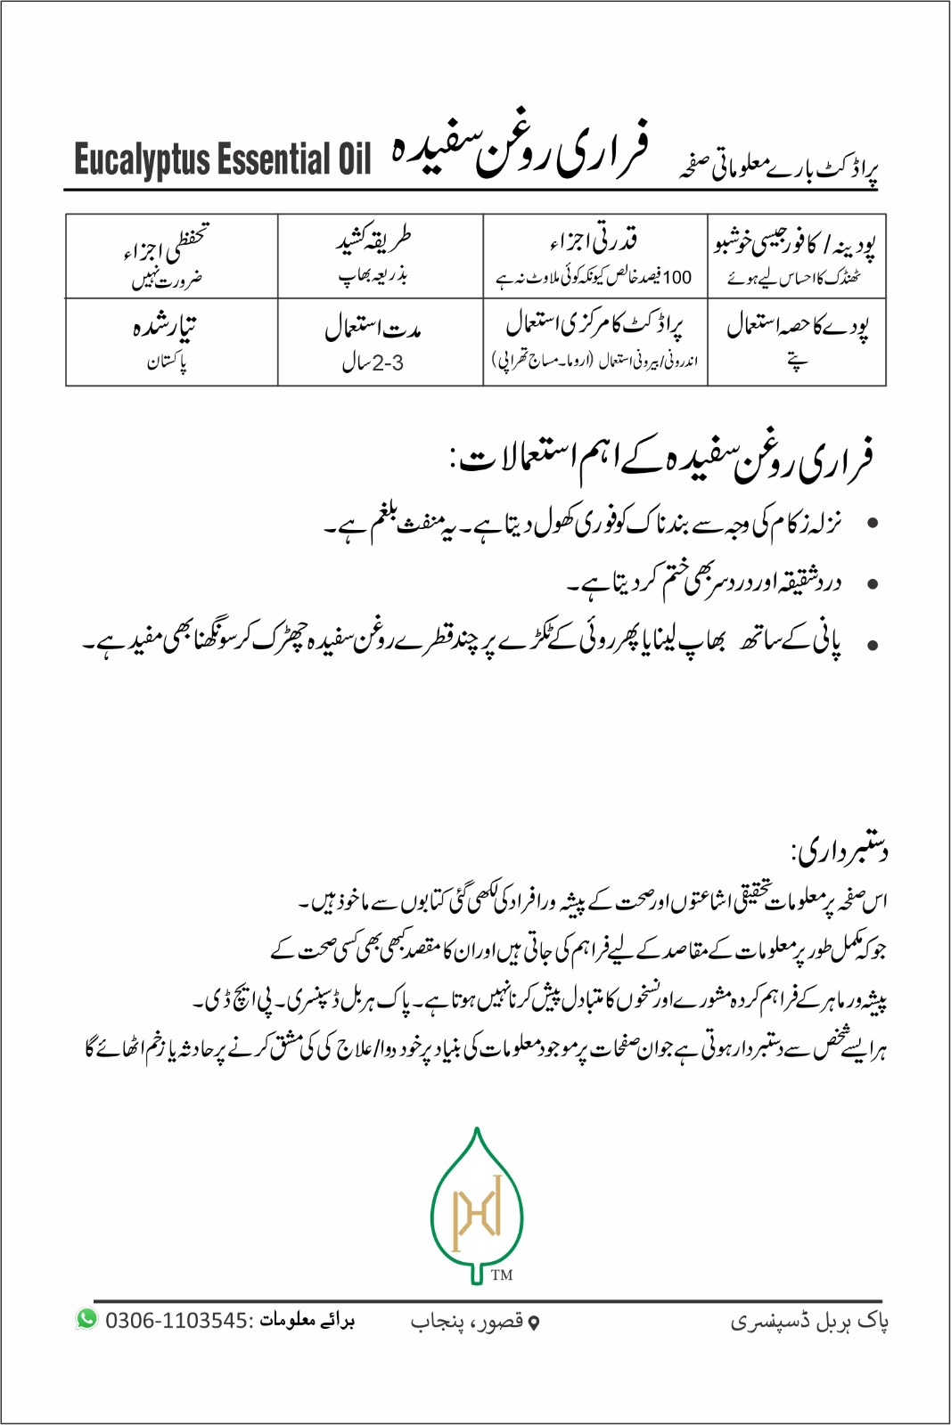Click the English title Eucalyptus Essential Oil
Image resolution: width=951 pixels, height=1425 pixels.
click(x=222, y=160)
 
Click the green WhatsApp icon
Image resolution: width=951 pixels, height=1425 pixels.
click(x=86, y=1319)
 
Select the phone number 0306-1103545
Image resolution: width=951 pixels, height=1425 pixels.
click(x=176, y=1320)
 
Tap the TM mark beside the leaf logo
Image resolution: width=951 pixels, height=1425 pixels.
click(x=502, y=1275)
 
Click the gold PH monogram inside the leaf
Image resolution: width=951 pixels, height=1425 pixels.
click(x=477, y=1212)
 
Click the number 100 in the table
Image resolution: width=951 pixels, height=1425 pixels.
click(x=677, y=278)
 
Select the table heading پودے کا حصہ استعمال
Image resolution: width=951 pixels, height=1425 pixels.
click(x=797, y=326)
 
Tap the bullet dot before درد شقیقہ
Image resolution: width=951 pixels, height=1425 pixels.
click(x=873, y=585)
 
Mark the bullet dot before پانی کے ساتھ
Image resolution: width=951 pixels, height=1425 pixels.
click(x=873, y=646)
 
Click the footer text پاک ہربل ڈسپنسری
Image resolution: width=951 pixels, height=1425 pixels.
click(x=809, y=1321)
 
